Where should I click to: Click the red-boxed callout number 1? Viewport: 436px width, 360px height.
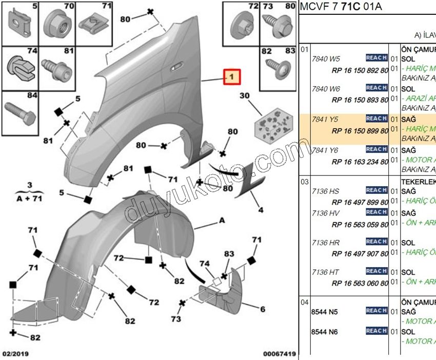point(232,77)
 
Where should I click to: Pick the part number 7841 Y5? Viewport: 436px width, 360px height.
point(325,119)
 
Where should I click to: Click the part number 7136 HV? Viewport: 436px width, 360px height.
point(325,212)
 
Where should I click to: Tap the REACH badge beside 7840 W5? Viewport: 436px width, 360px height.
point(376,58)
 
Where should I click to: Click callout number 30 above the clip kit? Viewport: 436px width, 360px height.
point(244,96)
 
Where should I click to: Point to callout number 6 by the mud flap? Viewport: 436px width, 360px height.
point(262,309)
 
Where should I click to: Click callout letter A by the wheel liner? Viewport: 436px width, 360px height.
point(222,221)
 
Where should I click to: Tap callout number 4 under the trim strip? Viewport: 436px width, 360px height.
point(261,210)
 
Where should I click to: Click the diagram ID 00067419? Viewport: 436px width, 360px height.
point(280,354)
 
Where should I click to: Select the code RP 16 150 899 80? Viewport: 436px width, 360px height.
point(360,130)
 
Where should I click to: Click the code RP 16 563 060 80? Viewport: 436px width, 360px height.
point(360,282)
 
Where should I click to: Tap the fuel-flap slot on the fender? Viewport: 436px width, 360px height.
point(176,67)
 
